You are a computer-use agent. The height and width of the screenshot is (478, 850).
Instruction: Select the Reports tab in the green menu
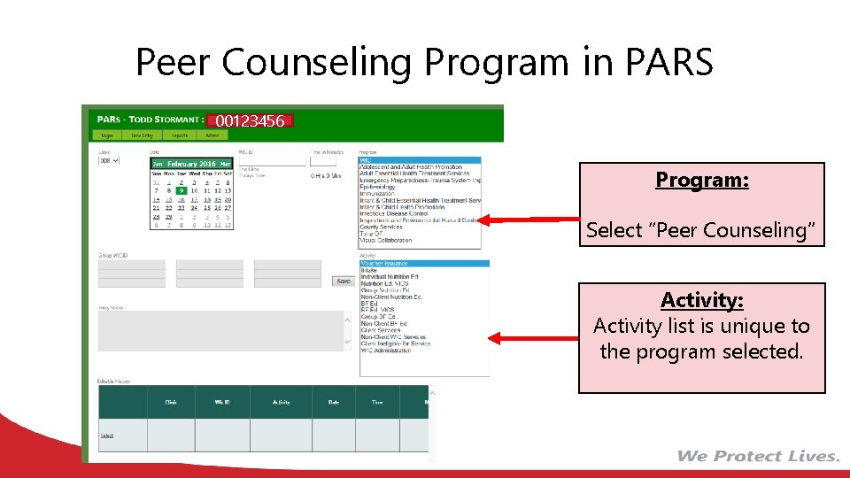pos(180,135)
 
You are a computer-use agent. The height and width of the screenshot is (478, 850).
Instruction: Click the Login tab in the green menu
pos(107,135)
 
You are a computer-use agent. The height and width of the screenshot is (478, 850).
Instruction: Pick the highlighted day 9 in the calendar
pos(181,190)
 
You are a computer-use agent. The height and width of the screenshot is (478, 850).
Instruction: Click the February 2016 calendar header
pos(191,164)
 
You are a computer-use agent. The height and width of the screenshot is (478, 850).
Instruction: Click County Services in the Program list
pos(381,227)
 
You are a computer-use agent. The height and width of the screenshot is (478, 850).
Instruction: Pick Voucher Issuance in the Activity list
pos(384,264)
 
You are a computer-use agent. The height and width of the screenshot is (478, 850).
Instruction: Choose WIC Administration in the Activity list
pos(385,351)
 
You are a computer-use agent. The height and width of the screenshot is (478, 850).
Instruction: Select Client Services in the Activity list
pos(381,331)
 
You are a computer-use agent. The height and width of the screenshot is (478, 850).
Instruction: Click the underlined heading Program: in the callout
pos(702,181)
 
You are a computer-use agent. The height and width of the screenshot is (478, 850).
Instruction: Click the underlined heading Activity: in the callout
pos(701,300)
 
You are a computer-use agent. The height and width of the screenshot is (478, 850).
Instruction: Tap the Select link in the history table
pos(107,435)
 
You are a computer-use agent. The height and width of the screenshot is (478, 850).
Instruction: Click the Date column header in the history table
pos(334,402)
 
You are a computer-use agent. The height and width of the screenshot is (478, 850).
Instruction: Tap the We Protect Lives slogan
pos(758,456)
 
